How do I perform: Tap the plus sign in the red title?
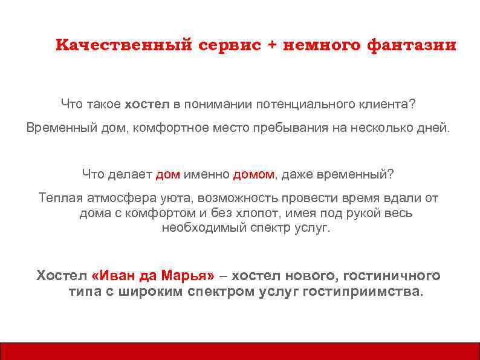point(271,46)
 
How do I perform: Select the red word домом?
point(253,175)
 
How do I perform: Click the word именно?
point(207,175)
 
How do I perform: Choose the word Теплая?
point(58,198)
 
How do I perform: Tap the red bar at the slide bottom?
point(240,351)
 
